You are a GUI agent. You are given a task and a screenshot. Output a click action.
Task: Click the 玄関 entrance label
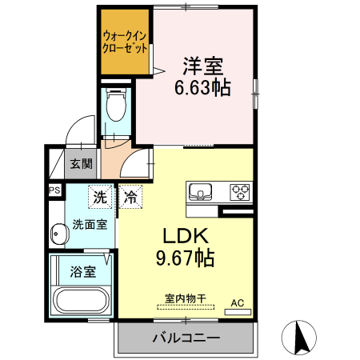coord(80,164)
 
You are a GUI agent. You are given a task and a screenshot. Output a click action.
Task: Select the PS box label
coord(54,190)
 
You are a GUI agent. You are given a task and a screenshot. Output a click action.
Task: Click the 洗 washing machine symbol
coord(99,196)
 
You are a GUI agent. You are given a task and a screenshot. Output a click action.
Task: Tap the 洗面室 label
coord(89,224)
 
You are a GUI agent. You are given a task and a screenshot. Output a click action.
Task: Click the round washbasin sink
coord(59,235)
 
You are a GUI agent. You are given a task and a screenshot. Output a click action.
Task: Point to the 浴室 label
coord(83,270)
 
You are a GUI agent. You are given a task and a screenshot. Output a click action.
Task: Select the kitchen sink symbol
coord(201,192)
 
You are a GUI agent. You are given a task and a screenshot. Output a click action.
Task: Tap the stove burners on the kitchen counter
coord(239,192)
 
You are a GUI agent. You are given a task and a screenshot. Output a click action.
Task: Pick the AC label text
coord(238,302)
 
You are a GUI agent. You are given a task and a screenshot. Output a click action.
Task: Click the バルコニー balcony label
coord(186,338)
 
